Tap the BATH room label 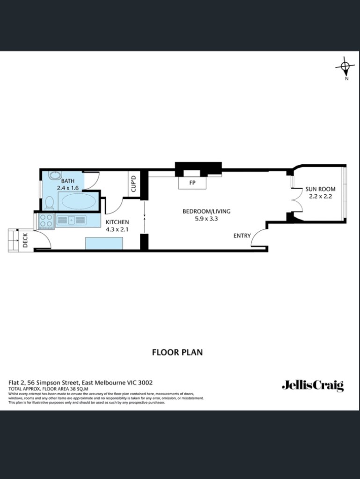pyautogui.click(x=68, y=181)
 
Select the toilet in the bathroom pyautogui.click(x=49, y=203)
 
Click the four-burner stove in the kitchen pyautogui.click(x=46, y=221)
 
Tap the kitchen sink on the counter pyautogui.click(x=71, y=220)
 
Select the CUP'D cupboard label pyautogui.click(x=133, y=184)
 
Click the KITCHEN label pyautogui.click(x=117, y=222)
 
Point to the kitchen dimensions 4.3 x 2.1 pyautogui.click(x=117, y=229)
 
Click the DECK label pyautogui.click(x=25, y=240)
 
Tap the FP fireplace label pyautogui.click(x=192, y=183)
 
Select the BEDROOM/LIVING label pyautogui.click(x=206, y=211)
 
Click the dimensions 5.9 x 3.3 pyautogui.click(x=206, y=218)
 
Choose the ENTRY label pyautogui.click(x=242, y=236)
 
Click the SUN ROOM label pyautogui.click(x=320, y=190)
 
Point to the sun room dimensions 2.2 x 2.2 pyautogui.click(x=320, y=197)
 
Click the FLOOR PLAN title pyautogui.click(x=177, y=352)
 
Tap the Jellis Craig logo pyautogui.click(x=313, y=385)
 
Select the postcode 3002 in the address pyautogui.click(x=145, y=383)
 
